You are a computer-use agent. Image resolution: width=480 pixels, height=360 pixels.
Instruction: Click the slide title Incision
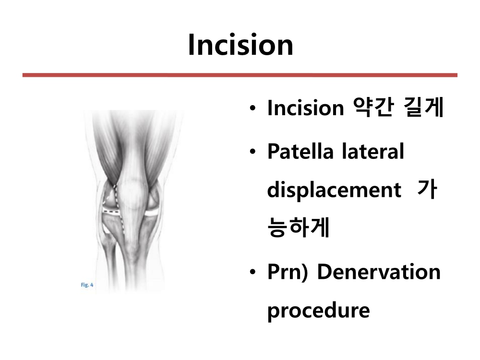coord(240,45)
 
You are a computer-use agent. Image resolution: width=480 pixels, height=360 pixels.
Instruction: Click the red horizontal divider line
coord(240,75)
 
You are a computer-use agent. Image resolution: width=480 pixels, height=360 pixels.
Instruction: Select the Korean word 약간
coord(373,108)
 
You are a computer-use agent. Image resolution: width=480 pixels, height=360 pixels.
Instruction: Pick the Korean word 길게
coord(423,108)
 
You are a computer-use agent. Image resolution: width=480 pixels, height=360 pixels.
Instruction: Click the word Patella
coord(300,151)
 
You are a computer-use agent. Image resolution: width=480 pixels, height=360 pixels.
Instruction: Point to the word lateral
coord(373,151)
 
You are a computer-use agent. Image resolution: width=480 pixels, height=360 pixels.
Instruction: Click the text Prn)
coord(287,272)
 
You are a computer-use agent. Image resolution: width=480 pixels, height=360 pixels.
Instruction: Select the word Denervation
coord(379,272)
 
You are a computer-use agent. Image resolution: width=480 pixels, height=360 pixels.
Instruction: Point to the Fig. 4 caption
coord(87,285)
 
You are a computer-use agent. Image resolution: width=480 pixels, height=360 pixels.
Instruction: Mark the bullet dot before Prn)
coord(252,272)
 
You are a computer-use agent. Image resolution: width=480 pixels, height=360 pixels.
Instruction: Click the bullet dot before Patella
coord(252,151)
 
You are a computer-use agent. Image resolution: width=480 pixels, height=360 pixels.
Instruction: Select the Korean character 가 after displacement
coord(427,190)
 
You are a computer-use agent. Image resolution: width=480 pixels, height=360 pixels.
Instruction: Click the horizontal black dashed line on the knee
coord(111,212)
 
